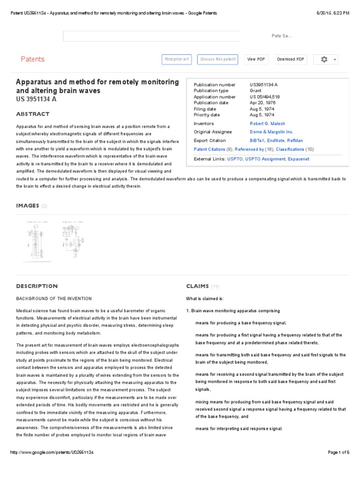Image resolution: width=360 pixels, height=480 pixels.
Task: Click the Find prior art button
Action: [x=177, y=60]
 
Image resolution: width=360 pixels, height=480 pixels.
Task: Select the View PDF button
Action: [x=256, y=60]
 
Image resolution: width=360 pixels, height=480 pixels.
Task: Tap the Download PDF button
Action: [x=291, y=60]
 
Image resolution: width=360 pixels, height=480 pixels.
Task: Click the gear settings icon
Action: [x=324, y=60]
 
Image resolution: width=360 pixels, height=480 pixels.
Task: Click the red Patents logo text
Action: [x=33, y=59]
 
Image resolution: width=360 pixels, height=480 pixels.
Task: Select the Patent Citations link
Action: [x=209, y=150]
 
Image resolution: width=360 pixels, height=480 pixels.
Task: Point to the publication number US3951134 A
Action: [x=263, y=85]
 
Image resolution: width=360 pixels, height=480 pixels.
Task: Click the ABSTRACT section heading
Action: [x=33, y=114]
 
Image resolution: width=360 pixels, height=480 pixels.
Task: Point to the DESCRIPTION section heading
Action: [x=37, y=286]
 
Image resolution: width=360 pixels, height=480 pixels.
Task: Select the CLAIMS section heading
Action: [x=197, y=286]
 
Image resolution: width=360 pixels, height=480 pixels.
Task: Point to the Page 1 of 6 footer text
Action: [x=339, y=452]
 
